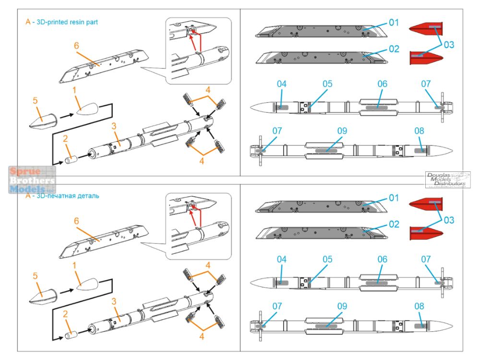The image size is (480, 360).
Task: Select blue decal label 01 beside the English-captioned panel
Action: (394, 23)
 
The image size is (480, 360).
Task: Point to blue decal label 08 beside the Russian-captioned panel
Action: (419, 305)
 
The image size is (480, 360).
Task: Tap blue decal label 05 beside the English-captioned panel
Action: (327, 84)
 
